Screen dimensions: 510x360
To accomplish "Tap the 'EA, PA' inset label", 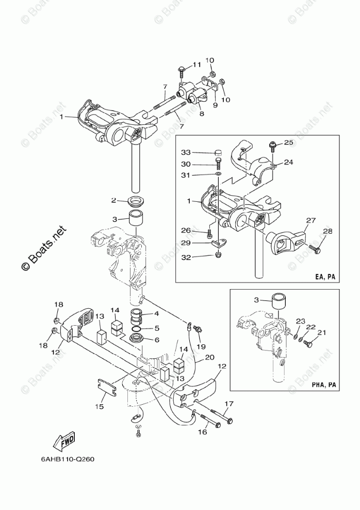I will pos(325,277).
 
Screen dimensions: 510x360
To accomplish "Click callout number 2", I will pos(113,200).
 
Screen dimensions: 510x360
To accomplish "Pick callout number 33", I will pos(186,152).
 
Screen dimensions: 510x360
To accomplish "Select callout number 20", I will pos(209,357).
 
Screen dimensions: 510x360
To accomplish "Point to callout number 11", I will pos(196,65).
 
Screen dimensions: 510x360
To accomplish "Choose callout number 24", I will pos(288,162).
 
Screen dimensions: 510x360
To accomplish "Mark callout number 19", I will pos(201,346).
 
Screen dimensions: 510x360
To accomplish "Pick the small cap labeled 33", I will pos(218,152).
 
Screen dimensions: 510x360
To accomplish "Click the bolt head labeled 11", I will pos(183,68).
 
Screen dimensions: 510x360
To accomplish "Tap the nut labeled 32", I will pos(219,254).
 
